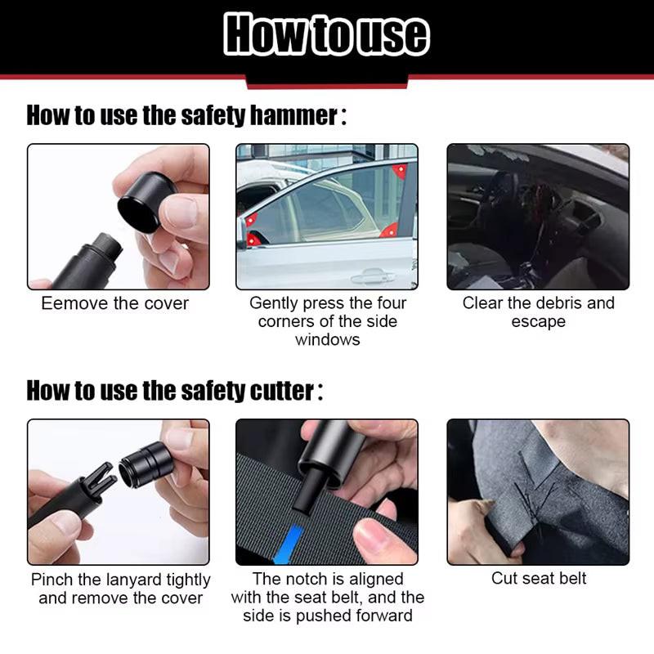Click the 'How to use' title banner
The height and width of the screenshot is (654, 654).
pos(327,34)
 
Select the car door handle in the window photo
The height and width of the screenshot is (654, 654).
pos(373,276)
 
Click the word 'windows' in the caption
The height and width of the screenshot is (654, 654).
pos(327,339)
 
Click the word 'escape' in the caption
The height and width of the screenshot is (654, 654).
pos(538,321)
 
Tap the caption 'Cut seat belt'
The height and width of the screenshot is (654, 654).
pos(538,579)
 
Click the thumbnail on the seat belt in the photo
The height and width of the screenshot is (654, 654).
pos(378,539)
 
